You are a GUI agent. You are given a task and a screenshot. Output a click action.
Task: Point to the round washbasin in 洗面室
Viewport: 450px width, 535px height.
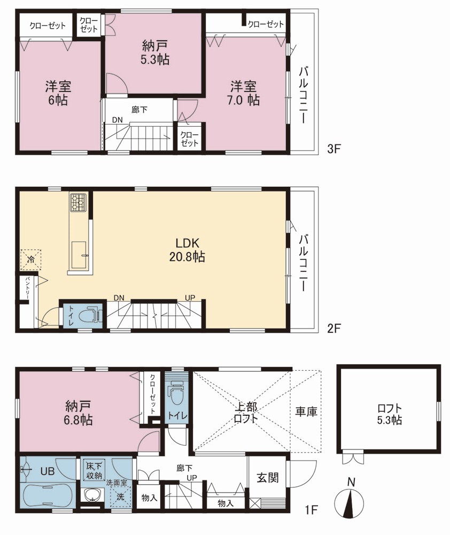pos(93,495)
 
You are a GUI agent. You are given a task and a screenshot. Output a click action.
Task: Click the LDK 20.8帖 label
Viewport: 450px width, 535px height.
pos(187,250)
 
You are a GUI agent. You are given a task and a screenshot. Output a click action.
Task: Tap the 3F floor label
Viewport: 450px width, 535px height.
pos(334,149)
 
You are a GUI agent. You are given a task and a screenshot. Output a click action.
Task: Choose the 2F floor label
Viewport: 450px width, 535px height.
pos(334,328)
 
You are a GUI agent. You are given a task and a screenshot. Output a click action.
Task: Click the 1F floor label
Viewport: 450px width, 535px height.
pos(311,510)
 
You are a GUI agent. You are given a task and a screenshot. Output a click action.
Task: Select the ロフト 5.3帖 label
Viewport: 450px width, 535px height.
pos(389,414)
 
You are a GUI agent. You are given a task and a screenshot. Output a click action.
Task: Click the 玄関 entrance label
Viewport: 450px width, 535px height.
pos(268,478)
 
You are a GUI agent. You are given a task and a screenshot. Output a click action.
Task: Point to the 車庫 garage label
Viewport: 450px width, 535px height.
pos(306,411)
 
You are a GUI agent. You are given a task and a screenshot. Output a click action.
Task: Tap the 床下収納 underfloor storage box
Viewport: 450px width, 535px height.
pos(95,470)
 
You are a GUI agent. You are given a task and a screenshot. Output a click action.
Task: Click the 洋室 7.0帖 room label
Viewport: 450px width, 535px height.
pos(244,93)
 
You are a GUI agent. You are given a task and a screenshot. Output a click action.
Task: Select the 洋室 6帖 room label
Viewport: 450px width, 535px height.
pos(58,93)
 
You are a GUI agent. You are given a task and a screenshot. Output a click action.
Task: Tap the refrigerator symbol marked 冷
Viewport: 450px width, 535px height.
pos(30,260)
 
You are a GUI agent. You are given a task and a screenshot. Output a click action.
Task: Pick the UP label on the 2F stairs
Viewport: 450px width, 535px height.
pos(190,297)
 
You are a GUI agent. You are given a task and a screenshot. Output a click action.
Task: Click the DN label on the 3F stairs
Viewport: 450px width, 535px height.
pos(117,120)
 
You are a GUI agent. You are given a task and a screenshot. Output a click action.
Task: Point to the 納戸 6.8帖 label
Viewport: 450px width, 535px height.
pos(79,413)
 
